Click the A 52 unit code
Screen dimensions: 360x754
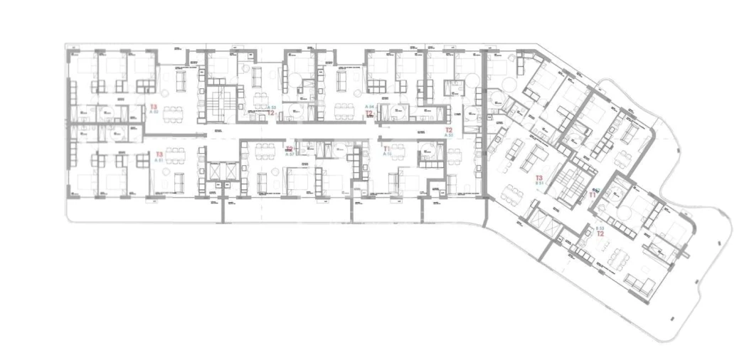coord(154,112)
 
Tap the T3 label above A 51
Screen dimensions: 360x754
coord(159,154)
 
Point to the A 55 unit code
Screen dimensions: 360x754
coord(449,136)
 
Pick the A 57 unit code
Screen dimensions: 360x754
coord(290,154)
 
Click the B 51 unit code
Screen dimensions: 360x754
coord(540,183)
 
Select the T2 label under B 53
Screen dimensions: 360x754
coord(600,233)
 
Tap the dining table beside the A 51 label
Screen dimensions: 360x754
coord(174,156)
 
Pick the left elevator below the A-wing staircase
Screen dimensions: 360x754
coord(213,175)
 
